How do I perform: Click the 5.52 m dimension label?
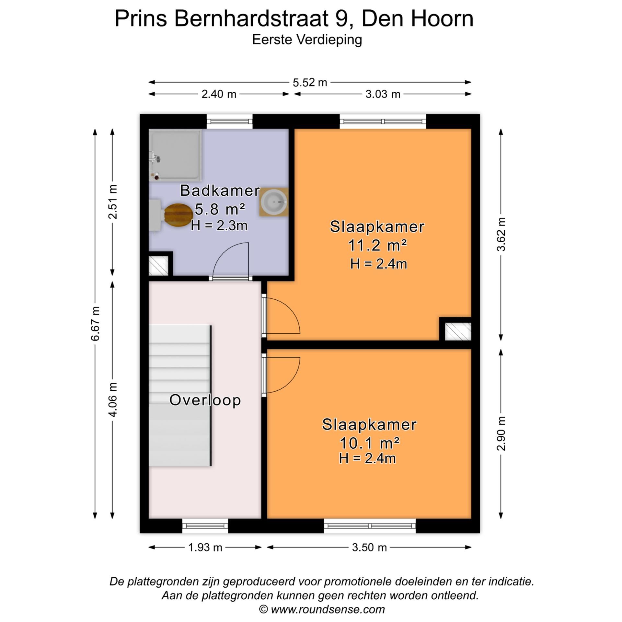(310, 83)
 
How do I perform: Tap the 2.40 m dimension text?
(219, 94)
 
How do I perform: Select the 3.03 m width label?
(383, 94)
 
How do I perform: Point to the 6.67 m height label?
(95, 323)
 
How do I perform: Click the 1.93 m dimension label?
(205, 547)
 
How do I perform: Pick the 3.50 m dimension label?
(369, 547)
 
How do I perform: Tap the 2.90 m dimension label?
(501, 433)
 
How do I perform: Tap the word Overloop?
(205, 400)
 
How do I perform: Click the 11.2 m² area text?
(377, 246)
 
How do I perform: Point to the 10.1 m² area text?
(369, 443)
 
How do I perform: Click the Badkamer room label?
(220, 190)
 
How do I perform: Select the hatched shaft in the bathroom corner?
(158, 266)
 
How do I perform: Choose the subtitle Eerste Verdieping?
(307, 40)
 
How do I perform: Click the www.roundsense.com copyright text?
(322, 609)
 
